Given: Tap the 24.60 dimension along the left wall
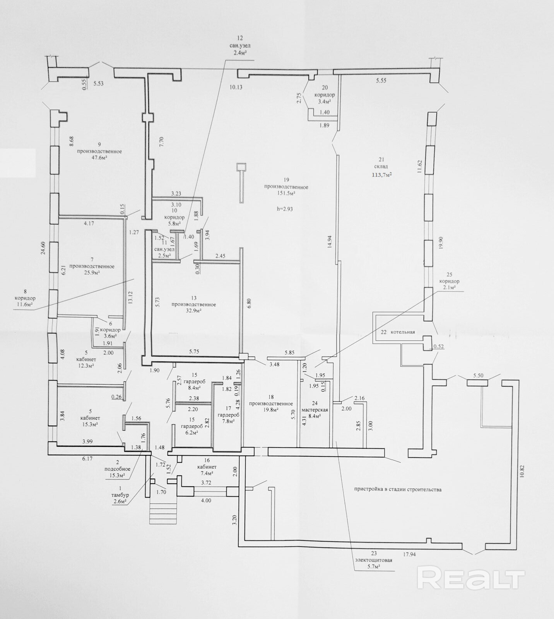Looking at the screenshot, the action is pyautogui.click(x=44, y=248).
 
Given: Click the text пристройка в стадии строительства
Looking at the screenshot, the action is pyautogui.click(x=398, y=489).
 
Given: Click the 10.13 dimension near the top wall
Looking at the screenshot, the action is pyautogui.click(x=236, y=87).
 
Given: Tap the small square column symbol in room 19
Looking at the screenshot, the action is pyautogui.click(x=242, y=167).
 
